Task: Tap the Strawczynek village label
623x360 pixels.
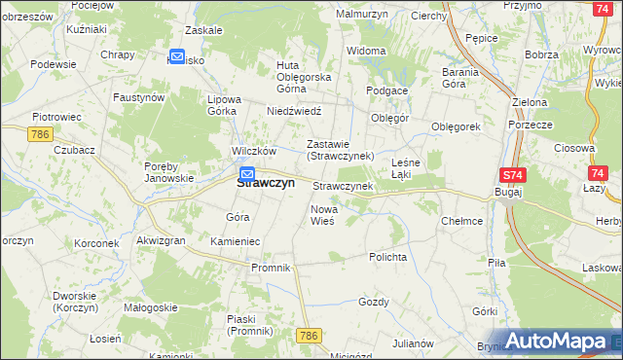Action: [342, 185]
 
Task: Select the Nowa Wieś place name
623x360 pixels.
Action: [323, 215]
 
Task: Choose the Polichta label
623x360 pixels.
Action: [386, 257]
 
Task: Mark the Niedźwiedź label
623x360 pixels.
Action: [294, 111]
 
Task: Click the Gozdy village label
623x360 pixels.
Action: [374, 302]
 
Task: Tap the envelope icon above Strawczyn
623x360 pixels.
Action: [247, 174]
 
